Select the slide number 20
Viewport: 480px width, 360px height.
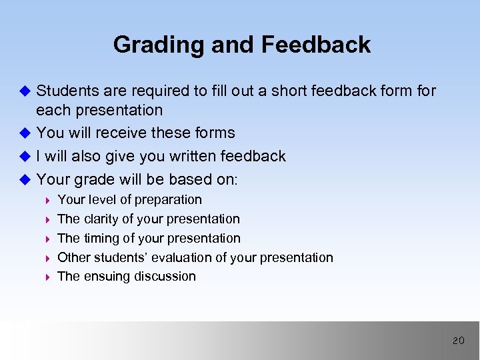458,341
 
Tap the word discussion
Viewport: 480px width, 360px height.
163,276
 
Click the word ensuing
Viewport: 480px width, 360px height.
105,276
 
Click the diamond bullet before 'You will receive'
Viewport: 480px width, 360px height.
26,133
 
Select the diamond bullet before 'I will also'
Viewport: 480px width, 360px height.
26,156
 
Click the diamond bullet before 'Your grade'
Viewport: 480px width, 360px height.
26,179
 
